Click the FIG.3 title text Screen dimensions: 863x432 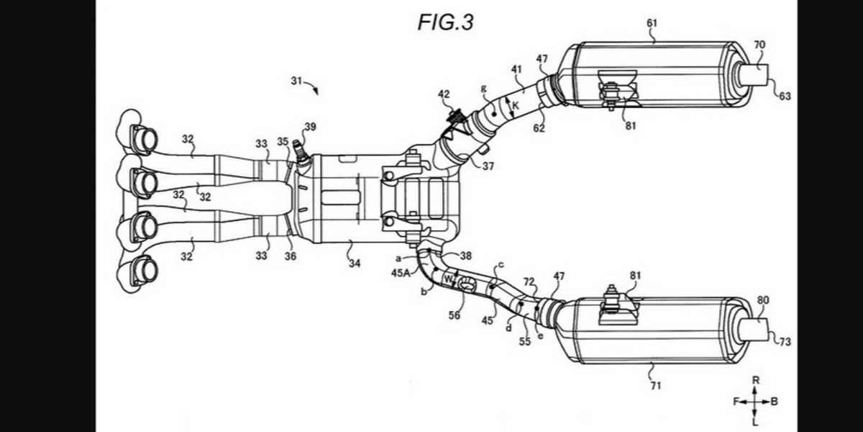[x=446, y=22]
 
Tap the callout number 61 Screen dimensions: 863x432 [x=652, y=23]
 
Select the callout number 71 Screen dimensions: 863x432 [x=656, y=385]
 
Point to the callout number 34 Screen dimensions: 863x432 [x=355, y=264]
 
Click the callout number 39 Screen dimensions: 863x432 [x=310, y=127]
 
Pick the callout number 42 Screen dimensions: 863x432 [x=444, y=94]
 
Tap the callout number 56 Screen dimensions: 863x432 [x=455, y=315]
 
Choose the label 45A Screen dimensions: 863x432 [x=401, y=273]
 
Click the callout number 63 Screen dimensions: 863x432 [x=785, y=96]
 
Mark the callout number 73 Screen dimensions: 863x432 [x=785, y=341]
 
